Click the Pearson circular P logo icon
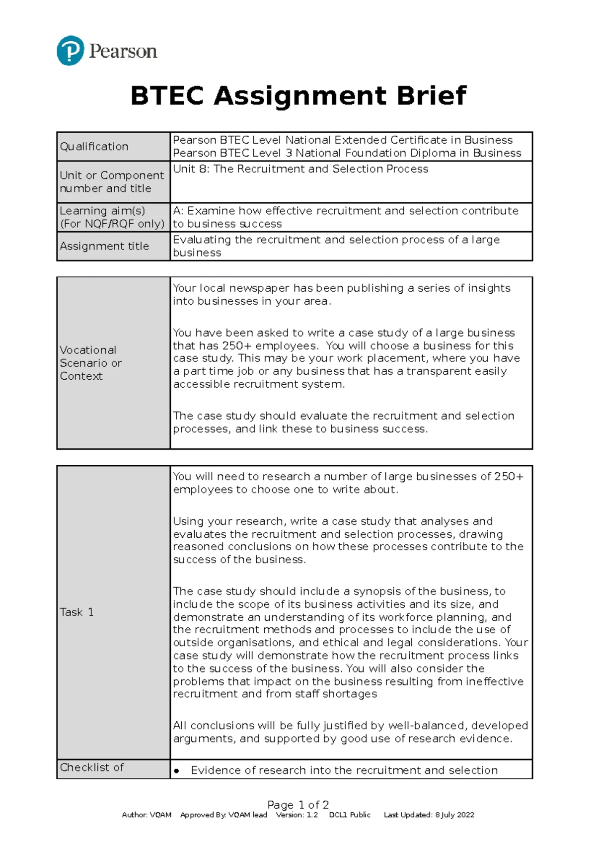coord(70,50)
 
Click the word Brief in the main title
coord(431,95)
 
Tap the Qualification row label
coord(94,147)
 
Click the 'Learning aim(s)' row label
coord(102,211)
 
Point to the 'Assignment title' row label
coord(104,246)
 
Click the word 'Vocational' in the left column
coord(88,350)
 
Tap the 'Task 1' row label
coord(76,612)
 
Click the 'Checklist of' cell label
coord(91,767)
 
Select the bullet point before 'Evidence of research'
coord(176,771)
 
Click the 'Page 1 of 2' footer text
coord(298,805)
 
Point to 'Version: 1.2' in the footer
coord(297,815)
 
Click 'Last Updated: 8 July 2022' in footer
coord(429,815)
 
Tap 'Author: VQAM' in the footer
coord(147,815)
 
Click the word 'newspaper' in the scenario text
coord(259,288)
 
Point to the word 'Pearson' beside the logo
coord(123,51)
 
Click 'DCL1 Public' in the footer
coord(350,815)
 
